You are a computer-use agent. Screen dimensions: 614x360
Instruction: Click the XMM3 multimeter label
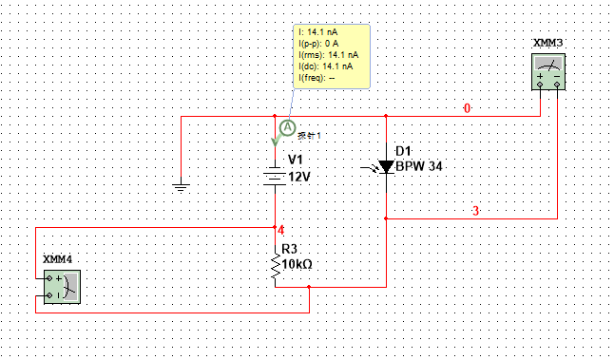coord(547,43)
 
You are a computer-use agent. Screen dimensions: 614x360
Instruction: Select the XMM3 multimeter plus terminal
coord(540,85)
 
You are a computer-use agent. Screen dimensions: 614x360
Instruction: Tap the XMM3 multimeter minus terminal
coord(557,85)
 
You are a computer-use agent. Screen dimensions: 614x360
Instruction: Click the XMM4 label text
coord(58,259)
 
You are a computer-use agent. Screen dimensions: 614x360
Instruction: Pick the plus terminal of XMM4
coord(48,278)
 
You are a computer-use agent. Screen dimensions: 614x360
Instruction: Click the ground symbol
coord(181,187)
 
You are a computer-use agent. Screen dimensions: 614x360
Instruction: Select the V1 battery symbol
coord(275,177)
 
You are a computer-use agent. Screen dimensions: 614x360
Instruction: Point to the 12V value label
coord(299,178)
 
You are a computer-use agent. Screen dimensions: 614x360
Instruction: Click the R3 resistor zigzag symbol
coord(276,265)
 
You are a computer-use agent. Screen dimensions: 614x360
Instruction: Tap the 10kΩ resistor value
coord(297,264)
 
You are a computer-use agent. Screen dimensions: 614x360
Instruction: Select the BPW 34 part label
coord(419,166)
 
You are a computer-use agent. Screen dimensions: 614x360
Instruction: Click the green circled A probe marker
coord(288,127)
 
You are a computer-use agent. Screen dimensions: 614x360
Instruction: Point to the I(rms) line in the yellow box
coord(329,55)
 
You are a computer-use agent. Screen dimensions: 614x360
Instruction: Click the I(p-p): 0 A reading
coord(318,44)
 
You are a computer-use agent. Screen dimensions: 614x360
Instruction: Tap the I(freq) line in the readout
coord(317,78)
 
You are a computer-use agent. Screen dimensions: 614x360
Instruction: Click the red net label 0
coord(467,108)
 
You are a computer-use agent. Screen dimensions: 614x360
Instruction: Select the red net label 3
coord(476,211)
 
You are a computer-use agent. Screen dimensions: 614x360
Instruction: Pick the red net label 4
coord(280,231)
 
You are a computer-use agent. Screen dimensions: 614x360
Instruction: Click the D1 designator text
coord(403,151)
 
